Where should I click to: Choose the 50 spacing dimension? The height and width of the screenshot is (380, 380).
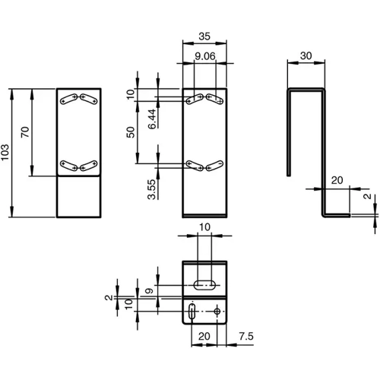click(131, 131)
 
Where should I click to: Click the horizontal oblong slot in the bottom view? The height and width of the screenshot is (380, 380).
click(205, 285)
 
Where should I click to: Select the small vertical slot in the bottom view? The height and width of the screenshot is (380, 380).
click(192, 312)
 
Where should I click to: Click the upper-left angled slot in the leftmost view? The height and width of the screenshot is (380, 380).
click(70, 97)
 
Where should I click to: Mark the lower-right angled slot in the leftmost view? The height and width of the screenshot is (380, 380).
click(87, 164)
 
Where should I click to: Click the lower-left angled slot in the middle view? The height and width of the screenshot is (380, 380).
click(195, 164)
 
